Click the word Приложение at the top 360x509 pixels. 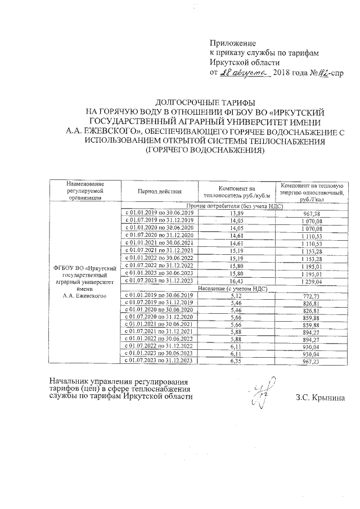232,43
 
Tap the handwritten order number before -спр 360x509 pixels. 322,73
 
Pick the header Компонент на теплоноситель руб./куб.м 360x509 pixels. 237,191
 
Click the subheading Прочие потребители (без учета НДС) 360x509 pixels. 237,206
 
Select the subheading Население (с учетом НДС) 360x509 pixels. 237,287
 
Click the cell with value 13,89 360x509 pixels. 237,214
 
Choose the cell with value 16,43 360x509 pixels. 237,280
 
